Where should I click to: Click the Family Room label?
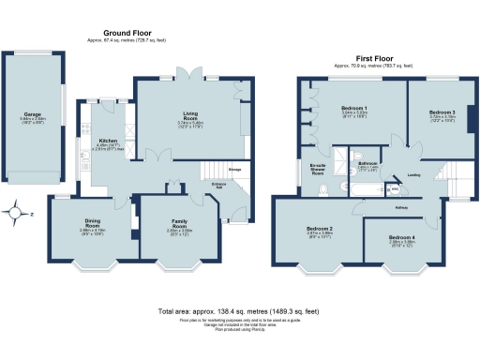pos(178,223)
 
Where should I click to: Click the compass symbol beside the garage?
pos(17,212)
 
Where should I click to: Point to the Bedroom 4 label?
pos(401,237)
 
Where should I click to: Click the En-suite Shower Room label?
pos(317,169)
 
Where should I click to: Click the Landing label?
pos(412,173)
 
